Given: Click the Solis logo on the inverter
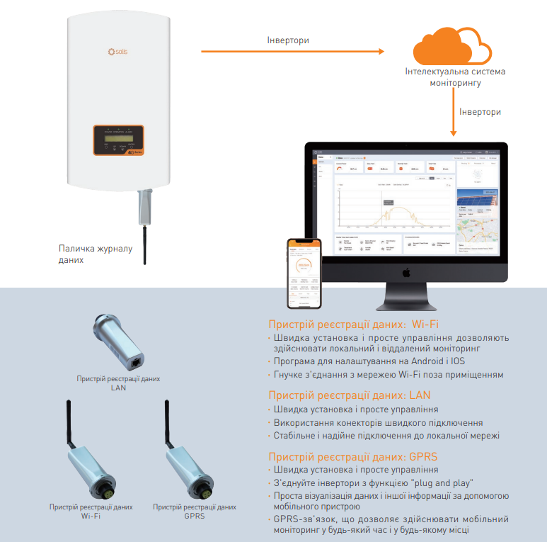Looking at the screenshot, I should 117,51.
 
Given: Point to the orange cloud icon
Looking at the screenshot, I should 451,47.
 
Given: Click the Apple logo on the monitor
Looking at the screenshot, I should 406,272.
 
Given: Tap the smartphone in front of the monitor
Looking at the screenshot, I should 304,273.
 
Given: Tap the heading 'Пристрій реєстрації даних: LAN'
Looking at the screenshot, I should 350,395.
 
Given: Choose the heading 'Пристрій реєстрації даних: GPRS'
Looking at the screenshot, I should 355,457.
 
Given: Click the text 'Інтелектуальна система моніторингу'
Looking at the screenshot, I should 455,77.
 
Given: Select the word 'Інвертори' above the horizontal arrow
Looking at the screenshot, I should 287,40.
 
